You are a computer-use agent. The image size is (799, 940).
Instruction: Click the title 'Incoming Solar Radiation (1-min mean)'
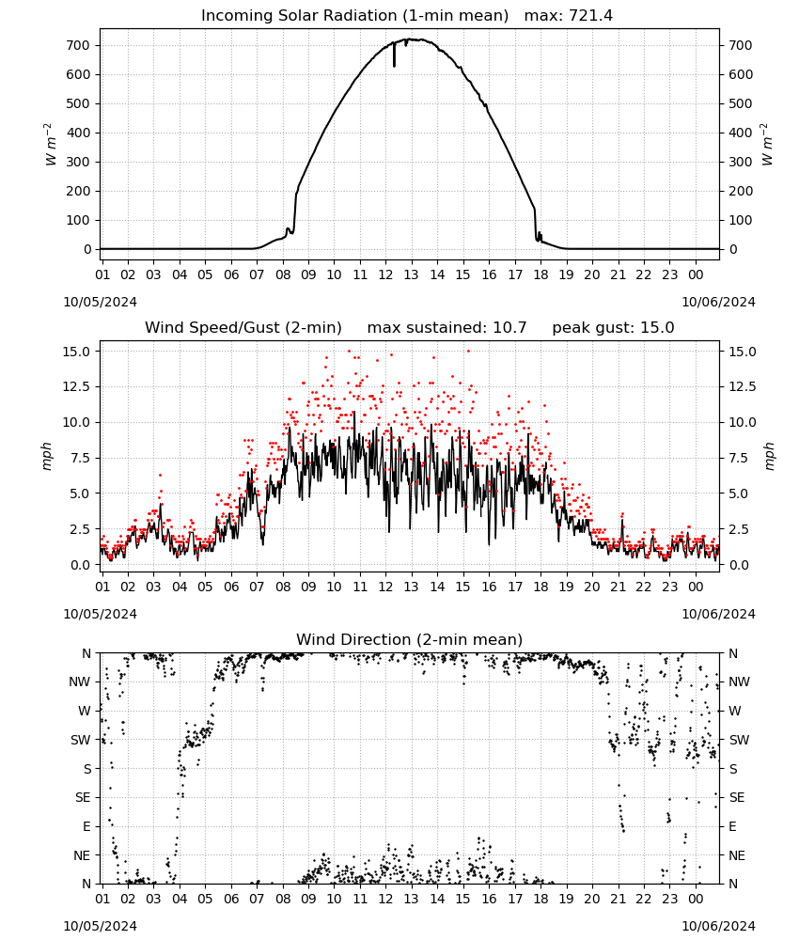click(354, 16)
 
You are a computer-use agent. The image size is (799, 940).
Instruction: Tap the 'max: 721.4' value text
click(569, 16)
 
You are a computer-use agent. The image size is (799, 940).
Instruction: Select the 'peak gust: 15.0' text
click(613, 328)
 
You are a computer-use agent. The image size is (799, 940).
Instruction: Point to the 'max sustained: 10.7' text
click(446, 328)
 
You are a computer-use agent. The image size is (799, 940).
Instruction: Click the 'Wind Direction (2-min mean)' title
click(410, 639)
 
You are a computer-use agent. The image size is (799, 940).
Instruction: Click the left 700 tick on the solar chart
click(78, 45)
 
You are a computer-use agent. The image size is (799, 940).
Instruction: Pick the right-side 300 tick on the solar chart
click(741, 162)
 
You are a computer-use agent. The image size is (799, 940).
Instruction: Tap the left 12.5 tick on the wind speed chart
click(77, 386)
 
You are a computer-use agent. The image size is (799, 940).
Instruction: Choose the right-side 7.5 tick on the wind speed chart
click(739, 458)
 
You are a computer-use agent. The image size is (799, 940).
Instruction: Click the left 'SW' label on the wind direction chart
click(80, 740)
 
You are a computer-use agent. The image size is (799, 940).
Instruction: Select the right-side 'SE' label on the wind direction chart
click(737, 797)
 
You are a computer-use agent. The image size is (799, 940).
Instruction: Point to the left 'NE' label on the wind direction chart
click(82, 855)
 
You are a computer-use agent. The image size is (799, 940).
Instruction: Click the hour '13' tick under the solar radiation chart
click(411, 274)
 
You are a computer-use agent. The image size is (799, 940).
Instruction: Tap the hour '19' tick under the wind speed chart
click(566, 587)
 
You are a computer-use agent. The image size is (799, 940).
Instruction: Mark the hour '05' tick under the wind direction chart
click(205, 900)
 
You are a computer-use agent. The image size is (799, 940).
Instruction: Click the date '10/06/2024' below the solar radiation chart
click(718, 302)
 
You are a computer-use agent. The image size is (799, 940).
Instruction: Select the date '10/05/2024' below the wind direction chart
click(100, 926)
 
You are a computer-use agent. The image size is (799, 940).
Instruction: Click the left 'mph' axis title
click(47, 456)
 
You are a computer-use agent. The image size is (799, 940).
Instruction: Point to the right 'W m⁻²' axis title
click(767, 144)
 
